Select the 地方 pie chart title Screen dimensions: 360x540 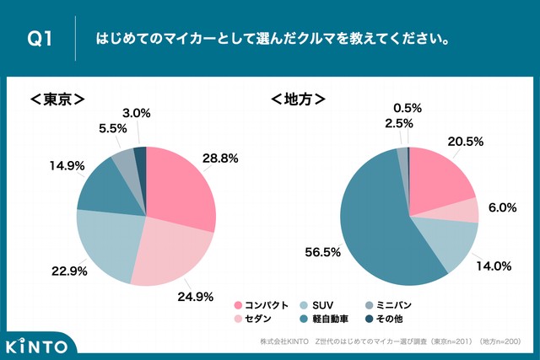[298, 99]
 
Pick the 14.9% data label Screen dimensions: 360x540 [67, 166]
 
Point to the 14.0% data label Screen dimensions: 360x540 [494, 266]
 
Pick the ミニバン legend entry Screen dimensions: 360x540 [397, 304]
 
